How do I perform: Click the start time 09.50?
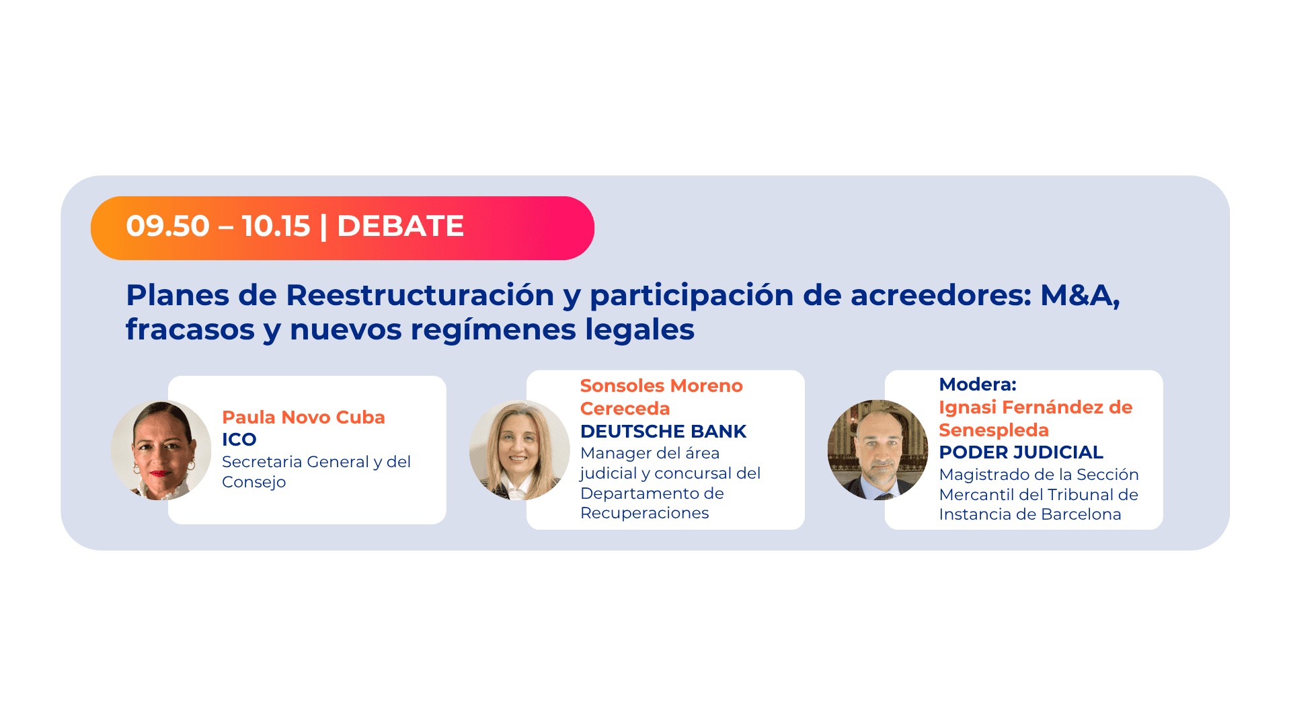coord(167,226)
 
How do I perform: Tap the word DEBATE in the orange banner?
coord(400,226)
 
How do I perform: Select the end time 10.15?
coord(276,226)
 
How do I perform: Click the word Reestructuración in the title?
coord(420,295)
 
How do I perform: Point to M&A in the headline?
coord(1079,295)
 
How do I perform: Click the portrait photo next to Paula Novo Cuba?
coord(161,450)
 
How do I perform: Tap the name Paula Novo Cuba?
coord(303,417)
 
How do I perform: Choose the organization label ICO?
coord(239,440)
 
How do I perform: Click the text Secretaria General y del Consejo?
coord(316,472)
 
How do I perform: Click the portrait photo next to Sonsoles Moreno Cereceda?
coord(519,450)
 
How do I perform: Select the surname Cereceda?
coord(625,409)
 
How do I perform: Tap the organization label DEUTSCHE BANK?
coord(663,432)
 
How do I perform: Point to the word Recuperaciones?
coord(644,513)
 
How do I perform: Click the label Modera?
coord(978,385)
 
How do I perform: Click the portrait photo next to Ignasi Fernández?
coord(877,450)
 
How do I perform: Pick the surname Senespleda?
coord(994,430)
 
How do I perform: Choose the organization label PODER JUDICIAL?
coord(1021,452)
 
